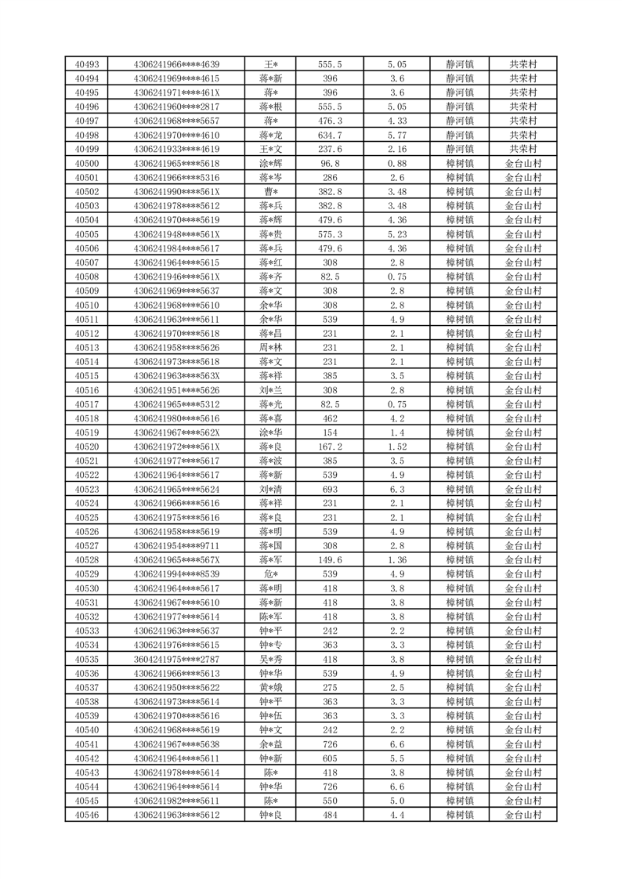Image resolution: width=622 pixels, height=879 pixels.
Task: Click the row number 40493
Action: click(x=86, y=64)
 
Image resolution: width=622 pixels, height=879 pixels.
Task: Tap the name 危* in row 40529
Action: click(x=270, y=574)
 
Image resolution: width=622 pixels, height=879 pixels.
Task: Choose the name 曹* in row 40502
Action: click(x=270, y=192)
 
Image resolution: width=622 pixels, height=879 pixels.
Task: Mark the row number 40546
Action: click(x=86, y=816)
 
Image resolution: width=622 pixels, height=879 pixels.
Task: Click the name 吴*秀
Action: click(x=270, y=660)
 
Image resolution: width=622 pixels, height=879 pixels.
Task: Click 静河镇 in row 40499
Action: click(x=459, y=149)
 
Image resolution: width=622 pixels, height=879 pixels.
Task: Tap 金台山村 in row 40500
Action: click(x=523, y=164)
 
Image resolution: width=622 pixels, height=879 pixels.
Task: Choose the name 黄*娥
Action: click(x=270, y=688)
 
